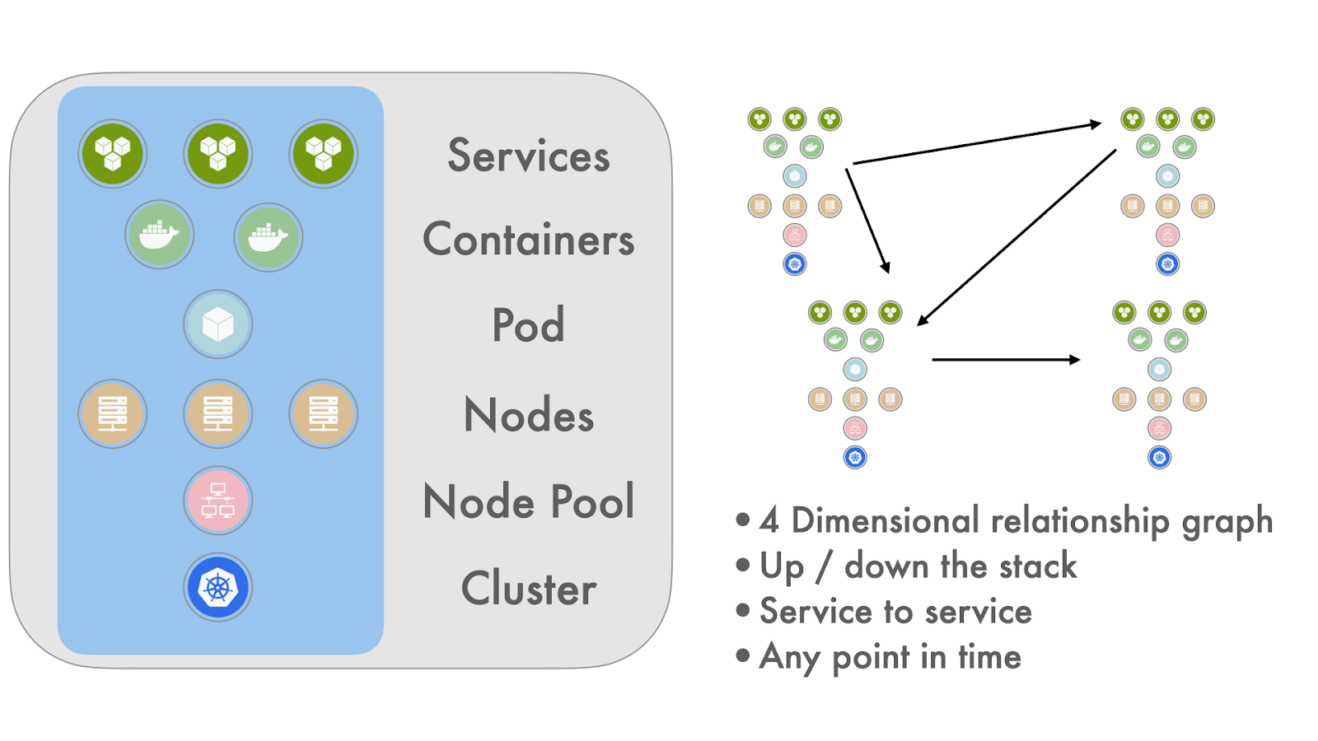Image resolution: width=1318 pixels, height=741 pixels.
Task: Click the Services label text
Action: click(528, 156)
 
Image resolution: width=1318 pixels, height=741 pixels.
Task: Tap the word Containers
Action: click(528, 240)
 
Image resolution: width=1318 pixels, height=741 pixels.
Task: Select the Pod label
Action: click(528, 325)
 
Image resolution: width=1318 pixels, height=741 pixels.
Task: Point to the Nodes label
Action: click(528, 414)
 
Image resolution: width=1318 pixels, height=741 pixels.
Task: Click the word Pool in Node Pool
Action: click(592, 501)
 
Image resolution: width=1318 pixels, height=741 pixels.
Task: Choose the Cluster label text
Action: click(528, 589)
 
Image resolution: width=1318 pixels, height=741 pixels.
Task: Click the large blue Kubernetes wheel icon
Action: click(217, 587)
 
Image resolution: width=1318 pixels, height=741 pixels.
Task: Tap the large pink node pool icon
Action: click(217, 501)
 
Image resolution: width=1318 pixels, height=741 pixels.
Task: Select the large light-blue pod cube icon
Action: click(217, 324)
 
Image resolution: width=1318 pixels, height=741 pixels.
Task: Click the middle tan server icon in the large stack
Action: click(217, 413)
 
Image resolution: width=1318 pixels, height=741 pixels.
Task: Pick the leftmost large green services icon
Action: click(113, 153)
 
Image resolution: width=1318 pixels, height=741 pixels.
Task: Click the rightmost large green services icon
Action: click(323, 153)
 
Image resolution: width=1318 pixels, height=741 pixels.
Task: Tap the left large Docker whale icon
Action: click(160, 235)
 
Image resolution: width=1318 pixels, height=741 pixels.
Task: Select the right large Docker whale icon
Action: click(269, 237)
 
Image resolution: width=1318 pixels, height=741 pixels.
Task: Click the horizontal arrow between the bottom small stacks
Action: click(1005, 360)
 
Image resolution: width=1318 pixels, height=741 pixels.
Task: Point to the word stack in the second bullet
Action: click(1037, 566)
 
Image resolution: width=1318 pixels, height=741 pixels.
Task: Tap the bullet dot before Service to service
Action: click(743, 610)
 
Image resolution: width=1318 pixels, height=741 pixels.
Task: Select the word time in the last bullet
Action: click(988, 657)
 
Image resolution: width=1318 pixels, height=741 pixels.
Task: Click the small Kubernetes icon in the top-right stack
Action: click(1167, 264)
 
